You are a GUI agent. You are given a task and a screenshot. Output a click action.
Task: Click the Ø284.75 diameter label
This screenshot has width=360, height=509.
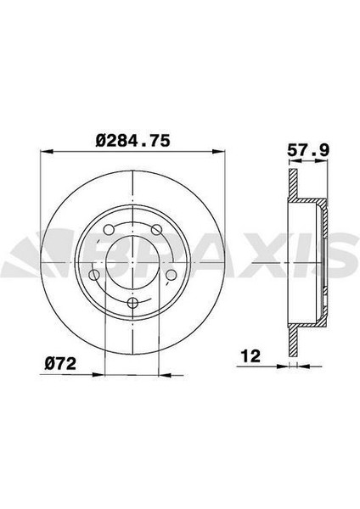[x=133, y=141]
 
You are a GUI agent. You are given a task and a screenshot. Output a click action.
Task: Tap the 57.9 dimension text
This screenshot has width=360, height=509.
[x=307, y=150]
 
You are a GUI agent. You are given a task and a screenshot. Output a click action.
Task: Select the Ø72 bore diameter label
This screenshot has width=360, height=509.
[x=60, y=363]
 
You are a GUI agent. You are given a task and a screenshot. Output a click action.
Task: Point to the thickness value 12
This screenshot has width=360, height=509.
[x=250, y=356]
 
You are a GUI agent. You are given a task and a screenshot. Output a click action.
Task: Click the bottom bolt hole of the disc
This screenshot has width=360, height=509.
[x=132, y=303]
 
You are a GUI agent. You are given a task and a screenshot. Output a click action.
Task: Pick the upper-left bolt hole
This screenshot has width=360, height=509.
[x=109, y=230]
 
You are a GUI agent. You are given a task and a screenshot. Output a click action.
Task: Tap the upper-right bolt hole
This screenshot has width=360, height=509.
[x=156, y=230]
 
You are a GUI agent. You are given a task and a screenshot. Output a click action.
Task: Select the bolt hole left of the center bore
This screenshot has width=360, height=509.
[x=94, y=275]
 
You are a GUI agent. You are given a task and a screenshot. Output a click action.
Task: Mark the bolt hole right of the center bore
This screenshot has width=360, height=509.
[x=171, y=275]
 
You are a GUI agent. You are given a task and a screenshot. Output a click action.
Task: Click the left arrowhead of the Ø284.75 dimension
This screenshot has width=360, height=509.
[x=47, y=151]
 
